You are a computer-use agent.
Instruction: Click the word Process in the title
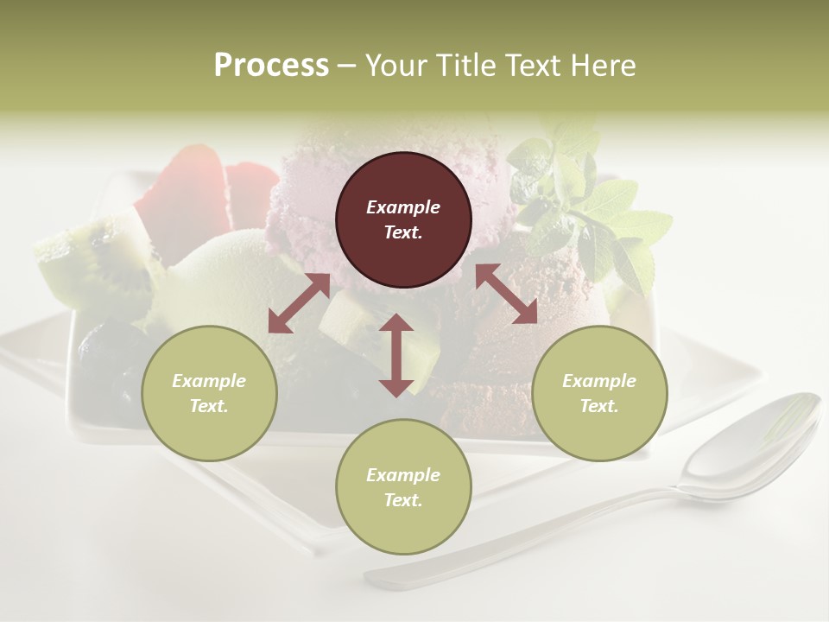[x=271, y=66]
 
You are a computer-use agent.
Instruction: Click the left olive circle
[x=209, y=393]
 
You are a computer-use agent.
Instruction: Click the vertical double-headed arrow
[x=396, y=355]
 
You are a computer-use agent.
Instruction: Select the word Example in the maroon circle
[x=403, y=207]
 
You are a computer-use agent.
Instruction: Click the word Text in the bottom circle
[x=403, y=500]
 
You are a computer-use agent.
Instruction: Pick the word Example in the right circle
[x=599, y=381]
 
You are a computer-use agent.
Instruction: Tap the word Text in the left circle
[x=209, y=406]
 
